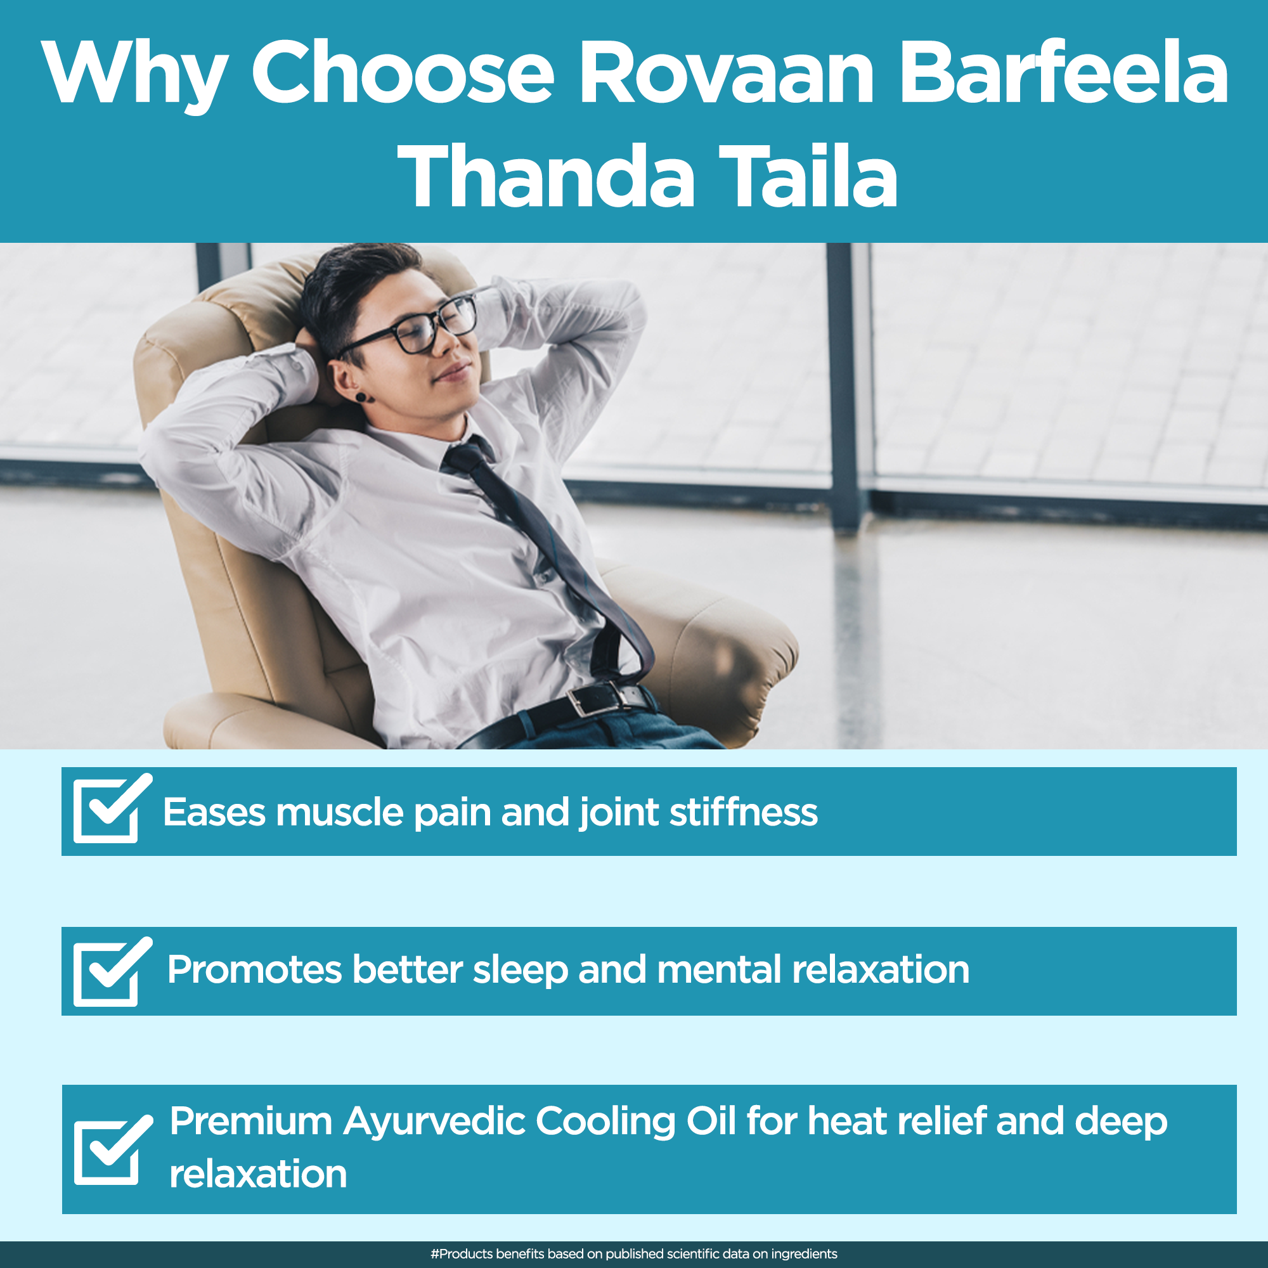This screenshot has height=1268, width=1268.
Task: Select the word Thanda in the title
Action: coord(546,176)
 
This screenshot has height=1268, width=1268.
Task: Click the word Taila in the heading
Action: coord(808,175)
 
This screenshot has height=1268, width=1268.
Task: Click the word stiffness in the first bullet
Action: coord(744,812)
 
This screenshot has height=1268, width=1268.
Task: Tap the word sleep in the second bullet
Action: coord(521,971)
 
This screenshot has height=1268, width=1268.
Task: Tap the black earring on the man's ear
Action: coord(361,397)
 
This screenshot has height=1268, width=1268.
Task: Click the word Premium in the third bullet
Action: coord(250,1121)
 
